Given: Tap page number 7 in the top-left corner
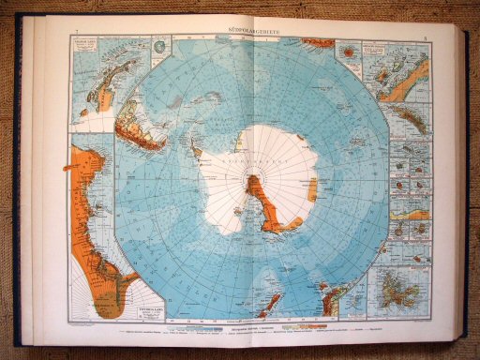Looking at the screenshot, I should coord(75,35).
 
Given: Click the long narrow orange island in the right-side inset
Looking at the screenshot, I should coord(409,116).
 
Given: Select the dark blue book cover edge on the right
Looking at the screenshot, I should coord(465,187).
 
